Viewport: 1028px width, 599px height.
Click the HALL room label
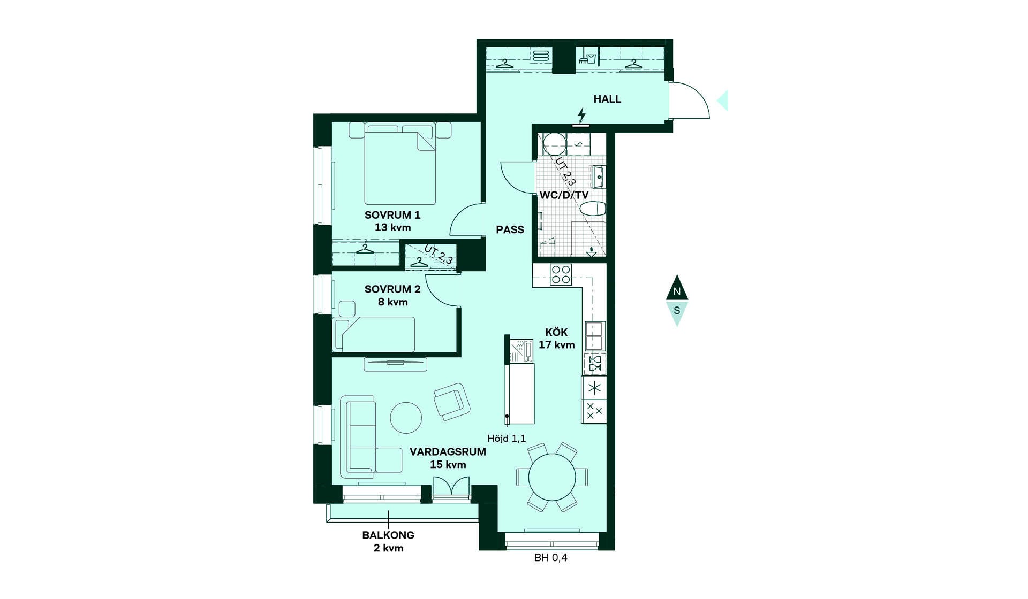(607, 99)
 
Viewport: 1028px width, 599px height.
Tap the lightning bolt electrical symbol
(581, 115)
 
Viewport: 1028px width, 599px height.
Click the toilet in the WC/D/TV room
(593, 209)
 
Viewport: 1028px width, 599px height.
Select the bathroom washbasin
(598, 176)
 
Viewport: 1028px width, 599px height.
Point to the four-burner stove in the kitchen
(561, 275)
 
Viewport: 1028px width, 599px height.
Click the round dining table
(552, 477)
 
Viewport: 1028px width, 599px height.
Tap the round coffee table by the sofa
(406, 417)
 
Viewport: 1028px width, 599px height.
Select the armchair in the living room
(452, 401)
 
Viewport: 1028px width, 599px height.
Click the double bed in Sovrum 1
(399, 164)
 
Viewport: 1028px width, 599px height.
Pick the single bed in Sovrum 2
(374, 334)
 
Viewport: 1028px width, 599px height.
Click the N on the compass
(677, 291)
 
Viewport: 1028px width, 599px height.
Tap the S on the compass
(677, 311)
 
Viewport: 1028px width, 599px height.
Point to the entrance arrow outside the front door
(723, 101)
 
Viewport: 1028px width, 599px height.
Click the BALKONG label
(388, 535)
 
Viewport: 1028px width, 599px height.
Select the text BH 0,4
(550, 558)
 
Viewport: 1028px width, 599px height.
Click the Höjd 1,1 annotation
(507, 439)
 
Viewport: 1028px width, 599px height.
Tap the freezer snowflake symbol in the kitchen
(594, 388)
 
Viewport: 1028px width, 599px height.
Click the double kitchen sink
(595, 336)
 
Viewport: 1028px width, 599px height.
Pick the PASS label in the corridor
(510, 229)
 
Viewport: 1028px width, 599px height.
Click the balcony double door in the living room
(451, 487)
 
